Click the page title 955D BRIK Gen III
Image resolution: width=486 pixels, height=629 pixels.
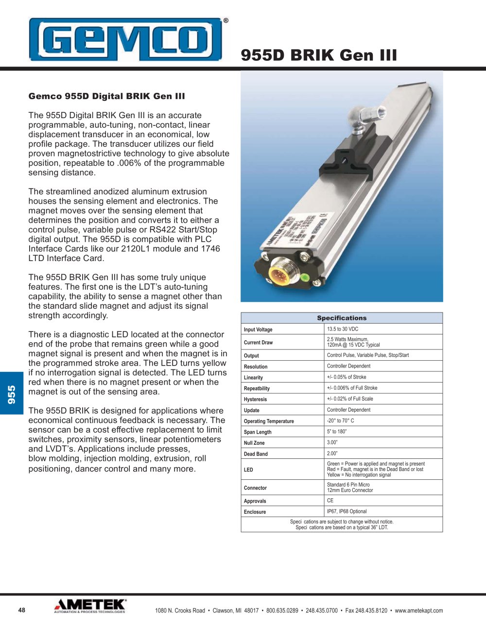[x=319, y=55]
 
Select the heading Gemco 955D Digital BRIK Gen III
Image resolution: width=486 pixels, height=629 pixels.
[x=106, y=96]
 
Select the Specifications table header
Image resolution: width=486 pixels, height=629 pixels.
[x=342, y=318]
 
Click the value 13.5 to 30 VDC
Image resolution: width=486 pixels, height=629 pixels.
[x=343, y=329]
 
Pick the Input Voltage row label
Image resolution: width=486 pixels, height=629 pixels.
[x=258, y=330]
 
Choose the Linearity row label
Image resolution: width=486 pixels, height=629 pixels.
[x=253, y=378]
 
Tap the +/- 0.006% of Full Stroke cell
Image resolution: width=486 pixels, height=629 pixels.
[x=352, y=388]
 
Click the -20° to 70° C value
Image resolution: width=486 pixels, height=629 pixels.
[x=340, y=420]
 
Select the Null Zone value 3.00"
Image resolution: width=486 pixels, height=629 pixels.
[x=332, y=442]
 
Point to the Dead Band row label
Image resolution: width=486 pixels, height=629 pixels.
[x=256, y=454]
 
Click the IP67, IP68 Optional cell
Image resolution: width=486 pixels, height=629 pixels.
[x=347, y=511]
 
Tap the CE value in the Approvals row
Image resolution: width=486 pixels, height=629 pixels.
[x=330, y=500]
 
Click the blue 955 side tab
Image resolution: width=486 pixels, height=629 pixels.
[x=12, y=394]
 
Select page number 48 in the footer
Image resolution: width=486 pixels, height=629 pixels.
[x=21, y=610]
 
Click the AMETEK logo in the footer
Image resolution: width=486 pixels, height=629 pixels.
[x=90, y=606]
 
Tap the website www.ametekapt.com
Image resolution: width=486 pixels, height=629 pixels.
[x=418, y=611]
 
